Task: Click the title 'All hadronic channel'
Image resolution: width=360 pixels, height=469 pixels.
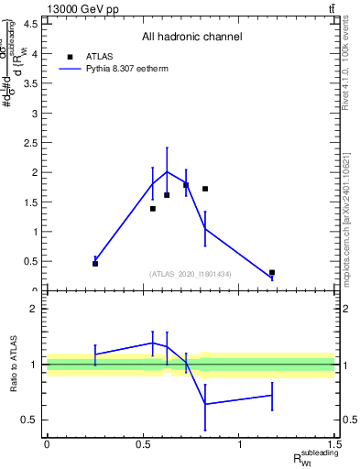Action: tap(191, 37)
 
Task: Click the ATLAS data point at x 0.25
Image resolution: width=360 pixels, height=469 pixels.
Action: tap(95, 264)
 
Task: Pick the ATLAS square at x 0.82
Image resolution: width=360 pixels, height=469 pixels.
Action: tap(205, 189)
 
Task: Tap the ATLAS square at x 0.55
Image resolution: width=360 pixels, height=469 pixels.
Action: tap(153, 209)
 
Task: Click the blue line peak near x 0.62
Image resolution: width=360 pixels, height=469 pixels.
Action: tap(167, 171)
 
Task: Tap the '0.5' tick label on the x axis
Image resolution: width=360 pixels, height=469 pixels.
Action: tap(143, 445)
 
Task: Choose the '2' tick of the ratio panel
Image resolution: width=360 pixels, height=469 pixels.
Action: tap(34, 309)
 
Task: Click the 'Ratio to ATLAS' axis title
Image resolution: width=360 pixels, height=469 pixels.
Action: tap(14, 365)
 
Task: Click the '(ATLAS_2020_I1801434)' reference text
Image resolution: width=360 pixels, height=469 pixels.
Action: tap(191, 274)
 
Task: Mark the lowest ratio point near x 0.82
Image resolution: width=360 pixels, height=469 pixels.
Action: tap(205, 404)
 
